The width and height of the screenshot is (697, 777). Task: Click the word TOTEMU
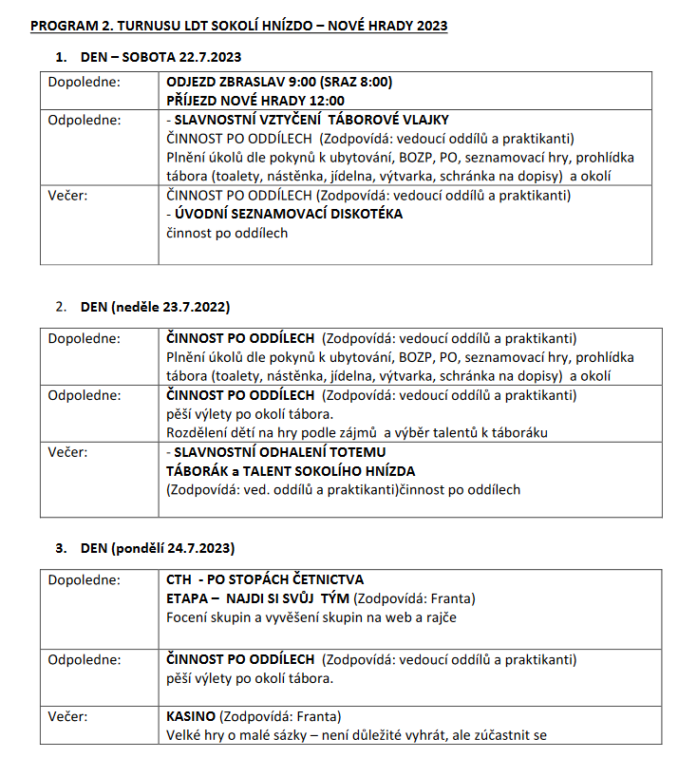332,452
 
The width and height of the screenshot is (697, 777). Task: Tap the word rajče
439,617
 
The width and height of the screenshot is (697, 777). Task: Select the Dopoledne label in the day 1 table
85,82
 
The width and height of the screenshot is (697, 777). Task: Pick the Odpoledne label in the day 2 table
85,394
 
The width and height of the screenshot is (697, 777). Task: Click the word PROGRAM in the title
60,26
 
